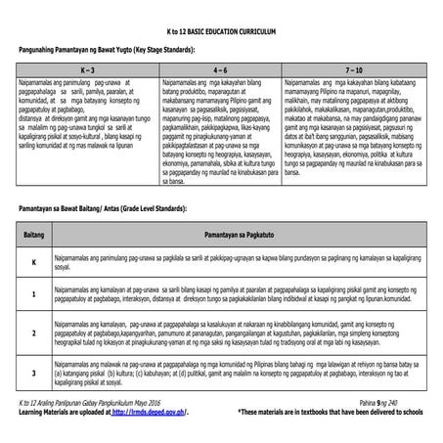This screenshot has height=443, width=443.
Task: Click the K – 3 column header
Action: (86, 71)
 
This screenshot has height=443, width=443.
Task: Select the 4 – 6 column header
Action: (220, 71)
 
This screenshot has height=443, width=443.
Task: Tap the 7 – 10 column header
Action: (355, 71)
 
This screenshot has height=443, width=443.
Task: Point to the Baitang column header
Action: (35, 237)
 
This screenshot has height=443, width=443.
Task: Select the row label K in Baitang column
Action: (35, 264)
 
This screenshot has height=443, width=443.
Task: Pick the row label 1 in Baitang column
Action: (35, 293)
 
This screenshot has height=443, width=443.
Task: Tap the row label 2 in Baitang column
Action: (35, 333)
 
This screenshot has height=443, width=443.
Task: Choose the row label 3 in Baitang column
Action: (35, 373)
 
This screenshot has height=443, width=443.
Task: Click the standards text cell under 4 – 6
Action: (220, 121)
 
